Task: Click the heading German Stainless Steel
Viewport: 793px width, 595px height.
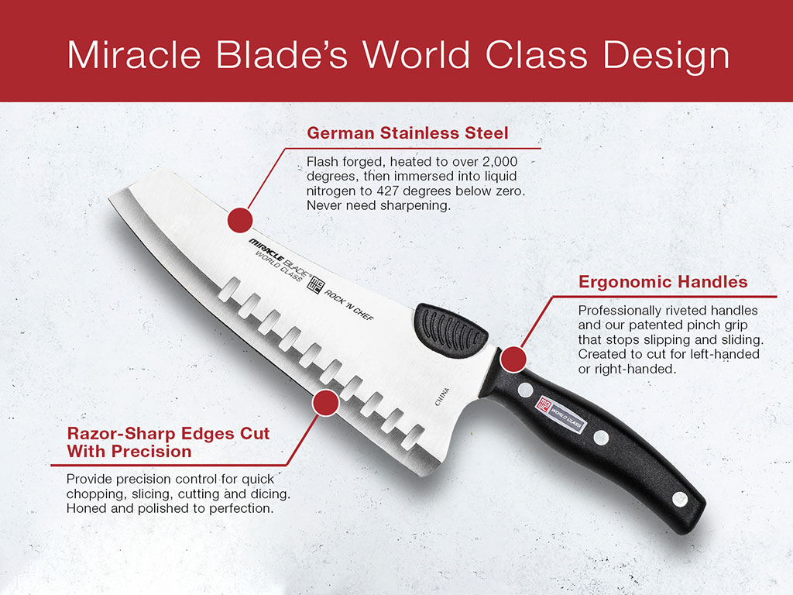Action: (x=407, y=133)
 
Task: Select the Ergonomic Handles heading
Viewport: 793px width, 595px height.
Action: (x=663, y=281)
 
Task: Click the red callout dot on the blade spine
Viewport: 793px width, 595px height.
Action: (x=241, y=219)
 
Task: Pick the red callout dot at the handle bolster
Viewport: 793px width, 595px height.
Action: (x=513, y=359)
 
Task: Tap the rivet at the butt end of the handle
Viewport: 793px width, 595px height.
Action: (x=679, y=497)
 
